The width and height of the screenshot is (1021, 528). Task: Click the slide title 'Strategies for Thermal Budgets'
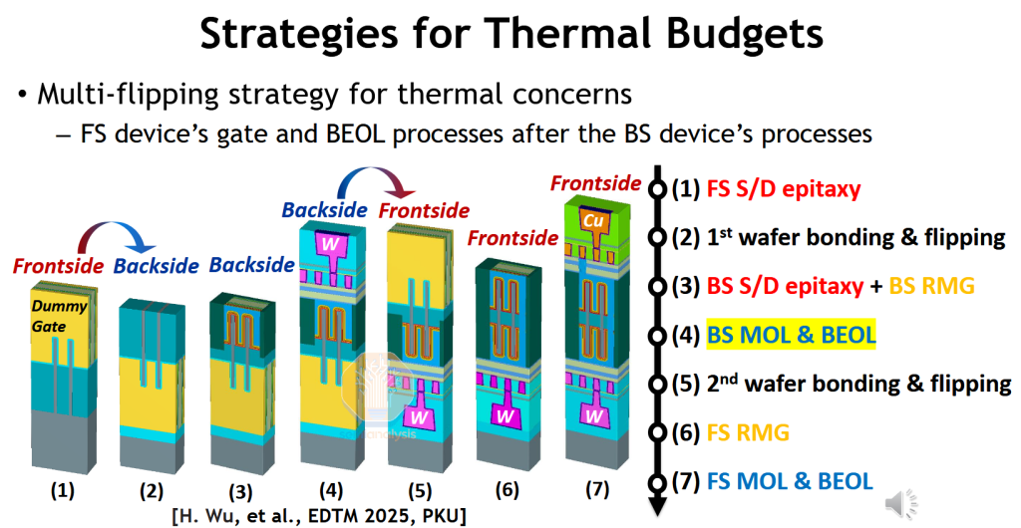pyautogui.click(x=510, y=34)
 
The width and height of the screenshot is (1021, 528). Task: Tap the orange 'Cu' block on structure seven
pyautogui.click(x=594, y=219)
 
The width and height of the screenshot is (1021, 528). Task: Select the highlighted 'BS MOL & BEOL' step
pyautogui.click(x=791, y=335)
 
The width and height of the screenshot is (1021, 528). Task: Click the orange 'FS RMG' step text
pyautogui.click(x=747, y=432)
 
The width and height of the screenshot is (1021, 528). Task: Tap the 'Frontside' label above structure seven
pyautogui.click(x=594, y=183)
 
